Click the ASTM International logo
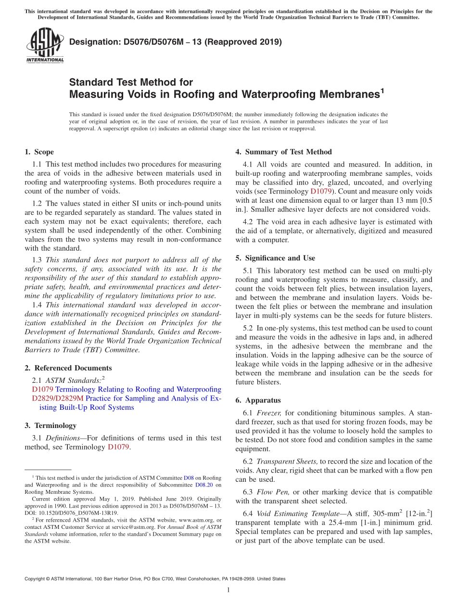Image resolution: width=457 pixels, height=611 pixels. pyautogui.click(x=45, y=46)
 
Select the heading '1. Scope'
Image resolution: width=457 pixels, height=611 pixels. pyautogui.click(x=39, y=152)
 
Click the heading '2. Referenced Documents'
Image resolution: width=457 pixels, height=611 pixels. pyautogui.click(x=68, y=368)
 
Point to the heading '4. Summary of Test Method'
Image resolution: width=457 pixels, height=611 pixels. pyautogui.click(x=283, y=152)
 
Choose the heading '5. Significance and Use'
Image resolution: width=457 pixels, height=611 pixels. pyautogui.click(x=275, y=258)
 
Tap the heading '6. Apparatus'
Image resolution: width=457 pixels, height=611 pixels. pyautogui.click(x=258, y=400)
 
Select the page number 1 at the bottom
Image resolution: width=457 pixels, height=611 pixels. pyautogui.click(x=228, y=590)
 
